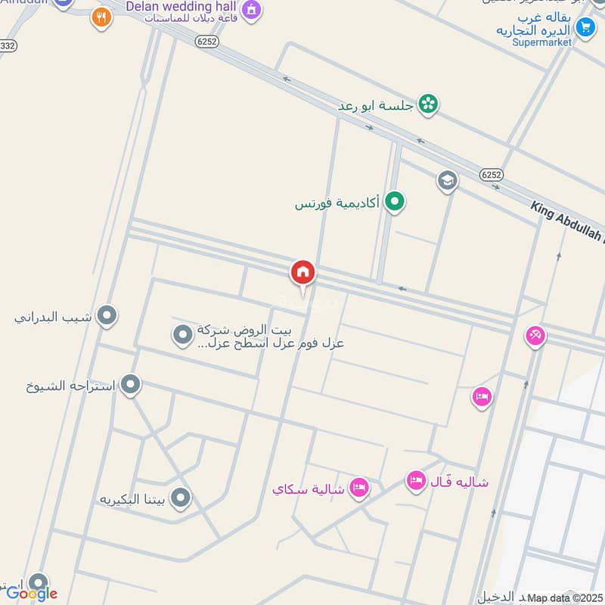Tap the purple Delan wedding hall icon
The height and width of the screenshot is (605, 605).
[x=252, y=10]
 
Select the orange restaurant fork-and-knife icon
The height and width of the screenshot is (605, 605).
[x=101, y=17]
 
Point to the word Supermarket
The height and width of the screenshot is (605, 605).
[x=542, y=42]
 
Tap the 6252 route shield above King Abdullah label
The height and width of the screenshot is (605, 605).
[x=491, y=174]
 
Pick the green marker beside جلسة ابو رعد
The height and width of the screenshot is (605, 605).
[x=428, y=104]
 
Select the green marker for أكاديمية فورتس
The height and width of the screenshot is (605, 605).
[x=393, y=201]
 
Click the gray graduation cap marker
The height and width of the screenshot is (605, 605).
[x=448, y=181]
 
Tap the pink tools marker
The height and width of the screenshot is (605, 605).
[x=535, y=335]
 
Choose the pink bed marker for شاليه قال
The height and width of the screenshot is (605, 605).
[x=416, y=480]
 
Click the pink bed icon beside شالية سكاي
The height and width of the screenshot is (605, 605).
[x=359, y=488]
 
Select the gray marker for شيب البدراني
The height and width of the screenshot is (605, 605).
[x=107, y=315]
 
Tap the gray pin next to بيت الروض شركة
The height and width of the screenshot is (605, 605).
[x=182, y=334]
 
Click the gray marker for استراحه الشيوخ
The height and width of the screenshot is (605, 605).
[x=131, y=385]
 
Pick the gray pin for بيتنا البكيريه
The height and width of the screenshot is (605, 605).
[x=180, y=498]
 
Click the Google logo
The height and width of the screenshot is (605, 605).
[x=32, y=593]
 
